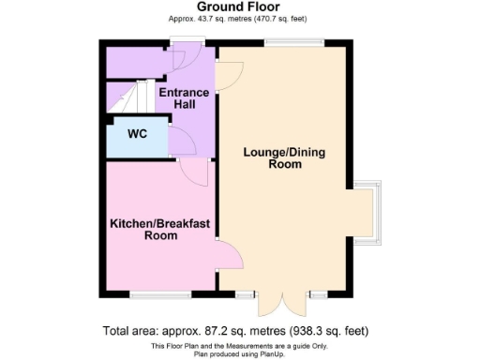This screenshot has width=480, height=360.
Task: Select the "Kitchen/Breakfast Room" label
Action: (160, 229)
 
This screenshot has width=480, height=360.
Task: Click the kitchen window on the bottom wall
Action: (155, 294)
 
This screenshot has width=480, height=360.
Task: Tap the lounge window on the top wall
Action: (292, 41)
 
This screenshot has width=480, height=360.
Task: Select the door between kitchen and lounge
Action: (228, 256)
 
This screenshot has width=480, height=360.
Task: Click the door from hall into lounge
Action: (225, 75)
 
